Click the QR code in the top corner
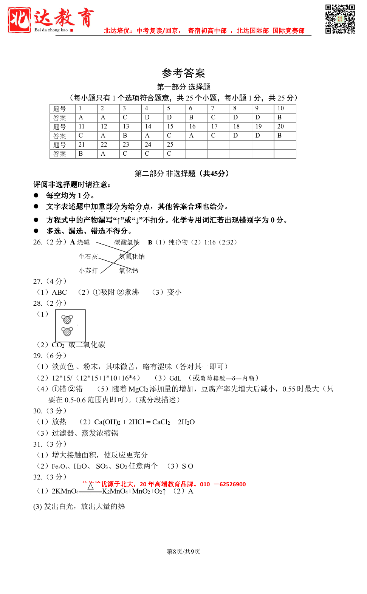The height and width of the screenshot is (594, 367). click(x=340, y=19)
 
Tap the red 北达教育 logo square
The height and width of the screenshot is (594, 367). click(x=19, y=20)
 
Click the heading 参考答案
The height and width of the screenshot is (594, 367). click(x=183, y=73)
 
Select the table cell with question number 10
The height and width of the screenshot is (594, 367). click(x=285, y=108)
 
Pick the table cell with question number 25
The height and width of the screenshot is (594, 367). click(x=174, y=145)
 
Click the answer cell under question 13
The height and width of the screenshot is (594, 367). click(x=130, y=136)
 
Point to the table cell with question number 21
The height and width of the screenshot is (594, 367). click(x=86, y=145)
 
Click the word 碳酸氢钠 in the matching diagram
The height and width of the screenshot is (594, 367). click(x=127, y=242)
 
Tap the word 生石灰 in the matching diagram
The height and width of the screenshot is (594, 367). click(x=88, y=257)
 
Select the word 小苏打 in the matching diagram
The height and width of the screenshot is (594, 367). click(x=88, y=271)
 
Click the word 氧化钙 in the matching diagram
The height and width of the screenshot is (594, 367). click(x=129, y=271)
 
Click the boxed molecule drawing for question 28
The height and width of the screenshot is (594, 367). click(x=70, y=326)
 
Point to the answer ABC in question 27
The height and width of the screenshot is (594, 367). click(x=59, y=292)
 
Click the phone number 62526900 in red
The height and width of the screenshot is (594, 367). click(x=232, y=484)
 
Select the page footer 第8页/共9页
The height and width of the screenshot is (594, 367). click(x=183, y=552)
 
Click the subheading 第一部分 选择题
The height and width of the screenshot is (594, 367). click(x=183, y=87)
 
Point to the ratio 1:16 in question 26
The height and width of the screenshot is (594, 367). click(x=210, y=242)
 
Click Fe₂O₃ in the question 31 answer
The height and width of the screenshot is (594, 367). click(x=59, y=466)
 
